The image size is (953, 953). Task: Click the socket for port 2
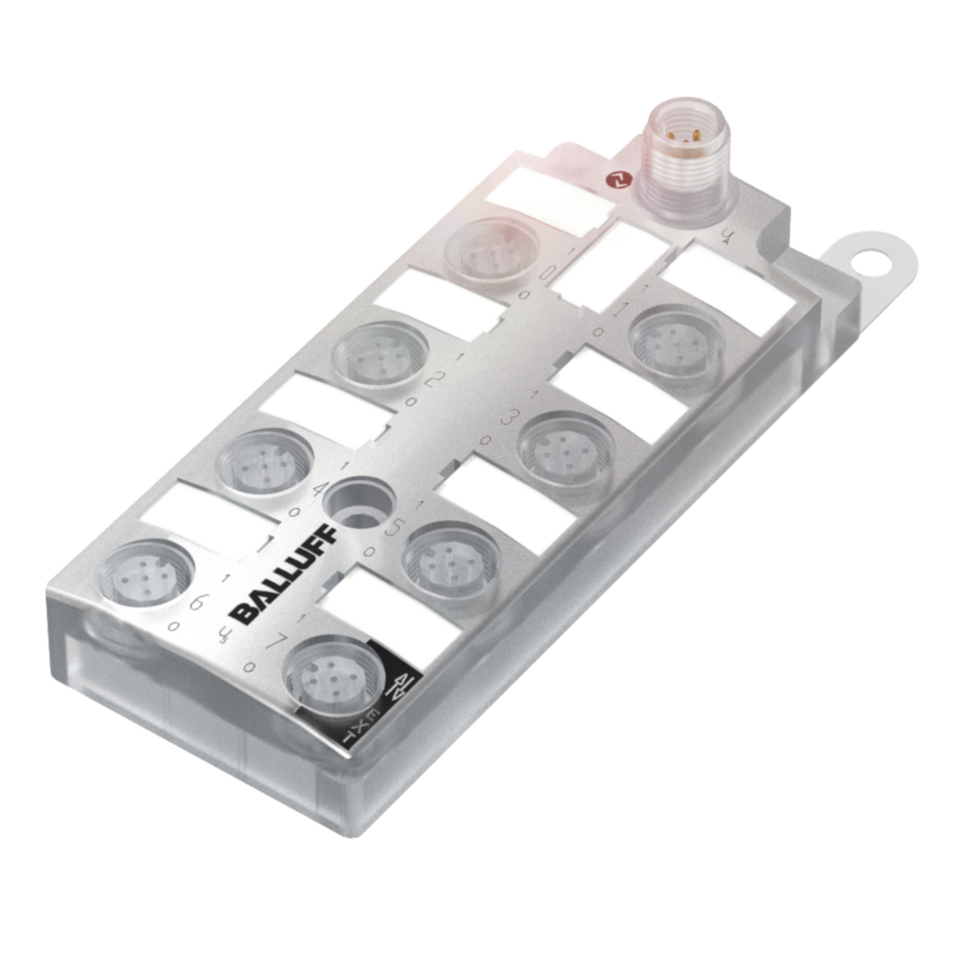click(x=378, y=354)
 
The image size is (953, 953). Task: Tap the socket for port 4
click(x=262, y=461)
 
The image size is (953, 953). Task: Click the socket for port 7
click(x=333, y=670)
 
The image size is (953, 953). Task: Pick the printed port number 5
click(x=391, y=527)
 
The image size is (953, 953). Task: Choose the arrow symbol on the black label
click(x=404, y=683)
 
